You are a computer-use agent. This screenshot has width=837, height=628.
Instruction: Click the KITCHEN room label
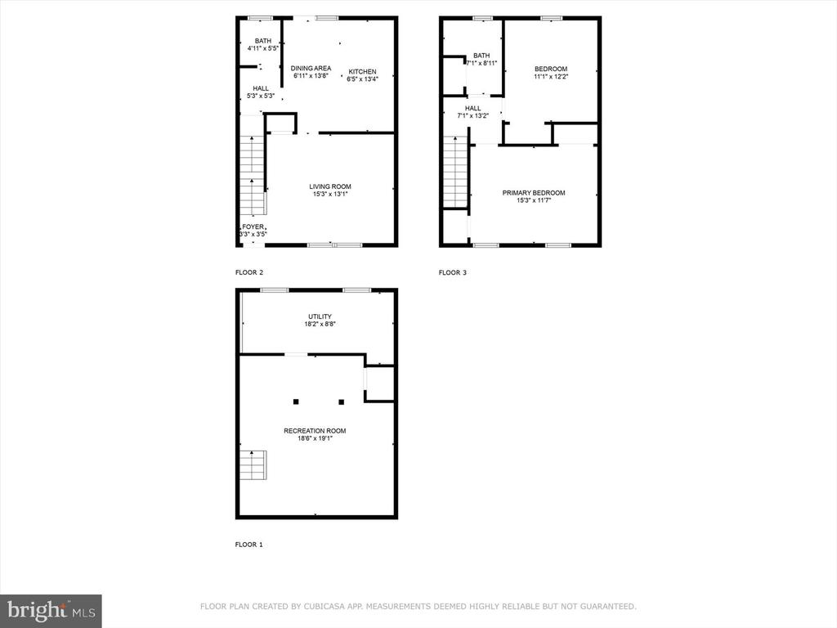tap(362, 72)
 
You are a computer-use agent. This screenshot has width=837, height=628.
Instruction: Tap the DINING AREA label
tap(311, 69)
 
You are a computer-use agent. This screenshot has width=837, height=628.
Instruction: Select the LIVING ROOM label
tap(330, 186)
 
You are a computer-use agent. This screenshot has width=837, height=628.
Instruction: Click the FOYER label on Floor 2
tap(253, 227)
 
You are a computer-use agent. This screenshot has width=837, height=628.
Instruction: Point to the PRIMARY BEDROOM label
tap(534, 193)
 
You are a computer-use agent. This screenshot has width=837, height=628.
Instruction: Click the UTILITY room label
tap(320, 316)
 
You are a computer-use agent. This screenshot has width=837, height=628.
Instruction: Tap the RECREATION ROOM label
tap(315, 431)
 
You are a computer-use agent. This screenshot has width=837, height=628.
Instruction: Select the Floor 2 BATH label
tap(263, 41)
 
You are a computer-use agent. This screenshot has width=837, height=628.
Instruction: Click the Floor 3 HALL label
tap(473, 108)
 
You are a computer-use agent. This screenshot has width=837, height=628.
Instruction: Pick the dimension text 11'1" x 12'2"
tap(551, 76)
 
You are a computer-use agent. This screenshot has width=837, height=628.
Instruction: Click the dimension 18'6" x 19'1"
tap(315, 438)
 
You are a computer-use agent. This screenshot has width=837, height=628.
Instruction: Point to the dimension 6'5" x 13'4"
tap(362, 79)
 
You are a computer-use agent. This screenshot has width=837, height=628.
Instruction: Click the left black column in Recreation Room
tap(296, 401)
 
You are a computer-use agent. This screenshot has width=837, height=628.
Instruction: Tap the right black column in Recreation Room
tap(341, 401)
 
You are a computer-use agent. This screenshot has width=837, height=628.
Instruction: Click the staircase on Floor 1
tap(253, 465)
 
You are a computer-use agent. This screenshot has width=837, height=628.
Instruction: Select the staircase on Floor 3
tap(454, 172)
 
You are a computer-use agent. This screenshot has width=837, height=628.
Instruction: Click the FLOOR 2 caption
tap(249, 272)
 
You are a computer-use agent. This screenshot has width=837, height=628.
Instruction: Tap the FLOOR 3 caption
tap(453, 272)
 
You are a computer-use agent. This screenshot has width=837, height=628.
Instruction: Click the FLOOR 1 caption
tap(249, 545)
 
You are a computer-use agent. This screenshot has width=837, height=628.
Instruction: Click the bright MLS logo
tap(51, 611)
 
